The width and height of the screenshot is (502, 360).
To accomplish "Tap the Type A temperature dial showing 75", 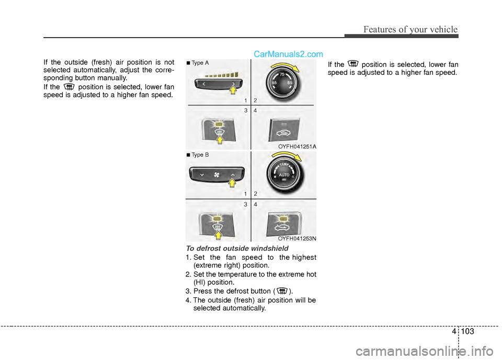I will click(x=283, y=83).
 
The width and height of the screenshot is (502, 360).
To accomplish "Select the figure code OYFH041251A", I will click(x=297, y=147).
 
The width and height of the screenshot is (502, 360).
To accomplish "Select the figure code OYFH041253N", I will click(x=297, y=238).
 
